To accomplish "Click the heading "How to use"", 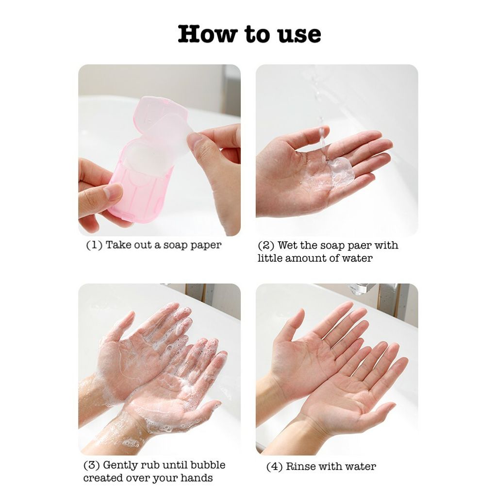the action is pos(249,34).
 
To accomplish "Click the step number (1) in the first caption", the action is pos(94,245).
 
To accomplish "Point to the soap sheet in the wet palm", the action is pos(341,171).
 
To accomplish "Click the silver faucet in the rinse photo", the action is pos(361,288).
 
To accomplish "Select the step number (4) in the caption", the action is pos(275,466).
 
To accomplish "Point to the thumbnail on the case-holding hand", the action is pos(113,191).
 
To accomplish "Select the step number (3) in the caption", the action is pos(92,465).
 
